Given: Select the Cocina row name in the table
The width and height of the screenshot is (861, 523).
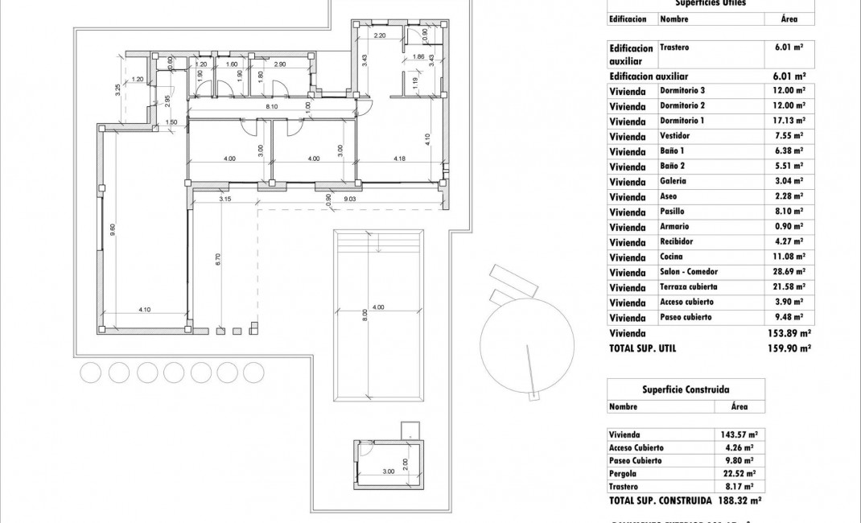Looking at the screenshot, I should (x=671, y=257).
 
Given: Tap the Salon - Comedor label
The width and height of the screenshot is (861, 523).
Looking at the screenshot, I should (x=688, y=272).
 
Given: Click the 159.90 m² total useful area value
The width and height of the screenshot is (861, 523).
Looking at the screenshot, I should (x=789, y=348).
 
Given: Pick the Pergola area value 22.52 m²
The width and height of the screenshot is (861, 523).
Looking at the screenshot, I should (x=737, y=474).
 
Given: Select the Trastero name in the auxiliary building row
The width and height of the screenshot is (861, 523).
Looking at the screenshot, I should (x=674, y=47).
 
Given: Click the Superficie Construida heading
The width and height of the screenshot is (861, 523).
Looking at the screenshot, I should (x=680, y=389).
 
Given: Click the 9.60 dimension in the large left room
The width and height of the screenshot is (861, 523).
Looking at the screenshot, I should (x=113, y=229).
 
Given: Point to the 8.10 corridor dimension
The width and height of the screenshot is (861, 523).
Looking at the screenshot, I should (x=271, y=106).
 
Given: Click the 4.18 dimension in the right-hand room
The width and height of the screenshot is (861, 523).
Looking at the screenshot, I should (x=399, y=159).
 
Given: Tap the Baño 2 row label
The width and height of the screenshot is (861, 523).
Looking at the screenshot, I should (x=672, y=167).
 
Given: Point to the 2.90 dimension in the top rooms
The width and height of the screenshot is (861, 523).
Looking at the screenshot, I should (x=280, y=64).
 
